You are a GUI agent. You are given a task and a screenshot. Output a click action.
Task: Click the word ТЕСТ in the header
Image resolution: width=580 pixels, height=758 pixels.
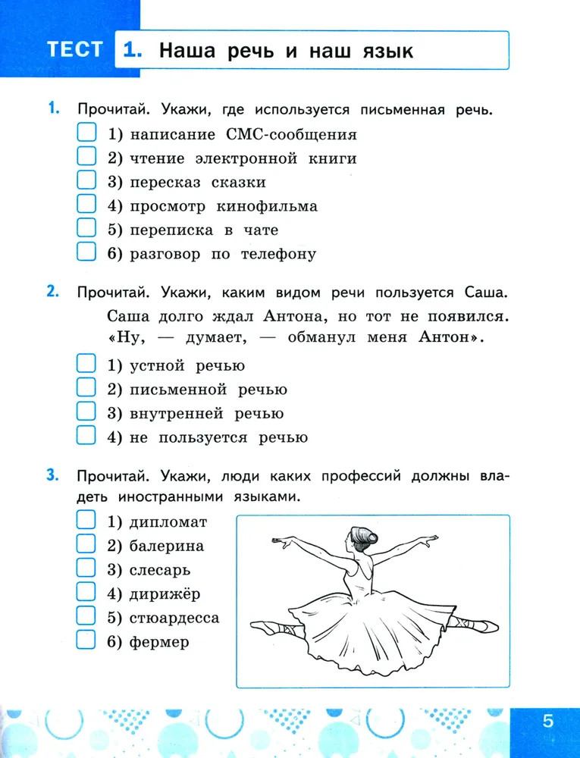[74, 50]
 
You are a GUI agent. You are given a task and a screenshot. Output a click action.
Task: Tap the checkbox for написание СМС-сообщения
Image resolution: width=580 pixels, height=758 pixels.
[86, 134]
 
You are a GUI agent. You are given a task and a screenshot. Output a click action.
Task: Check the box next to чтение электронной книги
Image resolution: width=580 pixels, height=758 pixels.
[86, 158]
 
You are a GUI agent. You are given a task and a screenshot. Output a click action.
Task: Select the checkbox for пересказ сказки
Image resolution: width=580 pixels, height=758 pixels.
[86, 181]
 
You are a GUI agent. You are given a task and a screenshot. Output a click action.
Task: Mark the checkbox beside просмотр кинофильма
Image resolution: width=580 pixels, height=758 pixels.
[86, 205]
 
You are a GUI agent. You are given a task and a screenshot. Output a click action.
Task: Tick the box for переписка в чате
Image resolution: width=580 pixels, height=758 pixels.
[86, 229]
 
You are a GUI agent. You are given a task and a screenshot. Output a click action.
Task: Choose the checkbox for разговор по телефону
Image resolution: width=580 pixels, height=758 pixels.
[86, 252]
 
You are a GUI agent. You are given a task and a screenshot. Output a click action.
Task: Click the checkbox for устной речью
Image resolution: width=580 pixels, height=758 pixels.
[86, 365]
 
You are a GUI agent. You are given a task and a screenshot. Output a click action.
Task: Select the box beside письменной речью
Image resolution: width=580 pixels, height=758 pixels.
[86, 389]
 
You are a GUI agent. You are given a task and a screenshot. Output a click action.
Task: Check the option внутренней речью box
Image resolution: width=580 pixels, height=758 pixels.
[86, 412]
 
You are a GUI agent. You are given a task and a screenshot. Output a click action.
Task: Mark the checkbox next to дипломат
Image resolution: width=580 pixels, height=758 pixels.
[86, 521]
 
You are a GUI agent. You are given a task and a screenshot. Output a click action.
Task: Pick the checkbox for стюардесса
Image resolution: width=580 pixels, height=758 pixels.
[86, 616]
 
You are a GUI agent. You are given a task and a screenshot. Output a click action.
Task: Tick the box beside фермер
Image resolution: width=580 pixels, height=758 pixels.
[86, 641]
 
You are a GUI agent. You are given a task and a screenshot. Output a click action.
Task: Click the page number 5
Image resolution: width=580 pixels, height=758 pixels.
[548, 721]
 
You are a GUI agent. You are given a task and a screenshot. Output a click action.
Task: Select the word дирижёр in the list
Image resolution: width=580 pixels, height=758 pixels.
[165, 594]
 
